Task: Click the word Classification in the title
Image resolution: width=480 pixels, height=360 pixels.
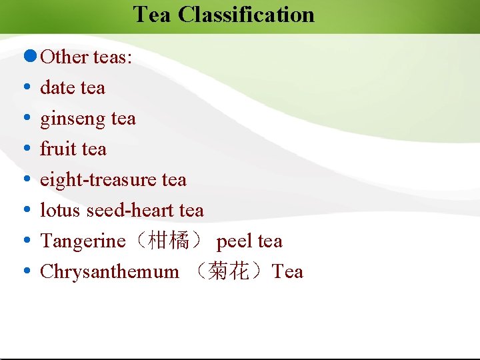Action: click(x=246, y=14)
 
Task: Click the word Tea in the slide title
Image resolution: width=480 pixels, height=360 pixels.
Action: click(x=153, y=14)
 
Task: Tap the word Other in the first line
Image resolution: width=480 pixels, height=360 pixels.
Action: click(x=65, y=57)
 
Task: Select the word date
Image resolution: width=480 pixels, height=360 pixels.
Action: click(x=55, y=87)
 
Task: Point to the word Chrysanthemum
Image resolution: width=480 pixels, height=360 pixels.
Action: click(x=109, y=272)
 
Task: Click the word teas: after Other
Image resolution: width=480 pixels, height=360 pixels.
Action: click(x=113, y=57)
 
